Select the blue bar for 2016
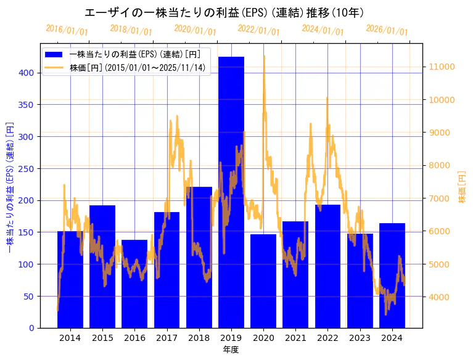(134, 284)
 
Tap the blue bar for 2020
(263, 281)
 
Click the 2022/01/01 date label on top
(258, 30)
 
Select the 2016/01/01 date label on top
(67, 30)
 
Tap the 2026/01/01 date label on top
(387, 30)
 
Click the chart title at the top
(224, 12)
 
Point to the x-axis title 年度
(231, 350)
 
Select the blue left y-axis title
(9, 186)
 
